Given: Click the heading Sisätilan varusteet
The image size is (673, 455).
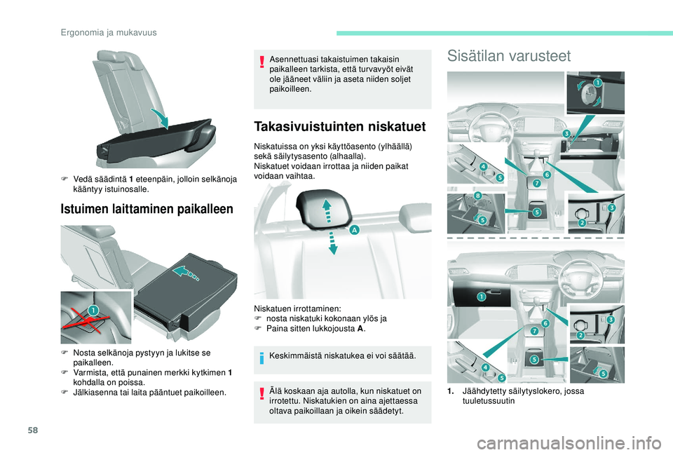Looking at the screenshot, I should pos(509,55).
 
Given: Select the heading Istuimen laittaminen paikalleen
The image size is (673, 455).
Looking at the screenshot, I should pos(147,208).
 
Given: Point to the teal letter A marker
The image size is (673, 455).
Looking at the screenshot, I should pos(355,230).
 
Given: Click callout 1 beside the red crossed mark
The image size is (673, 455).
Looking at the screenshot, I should pos(93,310).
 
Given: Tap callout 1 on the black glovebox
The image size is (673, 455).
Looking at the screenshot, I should pos(481,297).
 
